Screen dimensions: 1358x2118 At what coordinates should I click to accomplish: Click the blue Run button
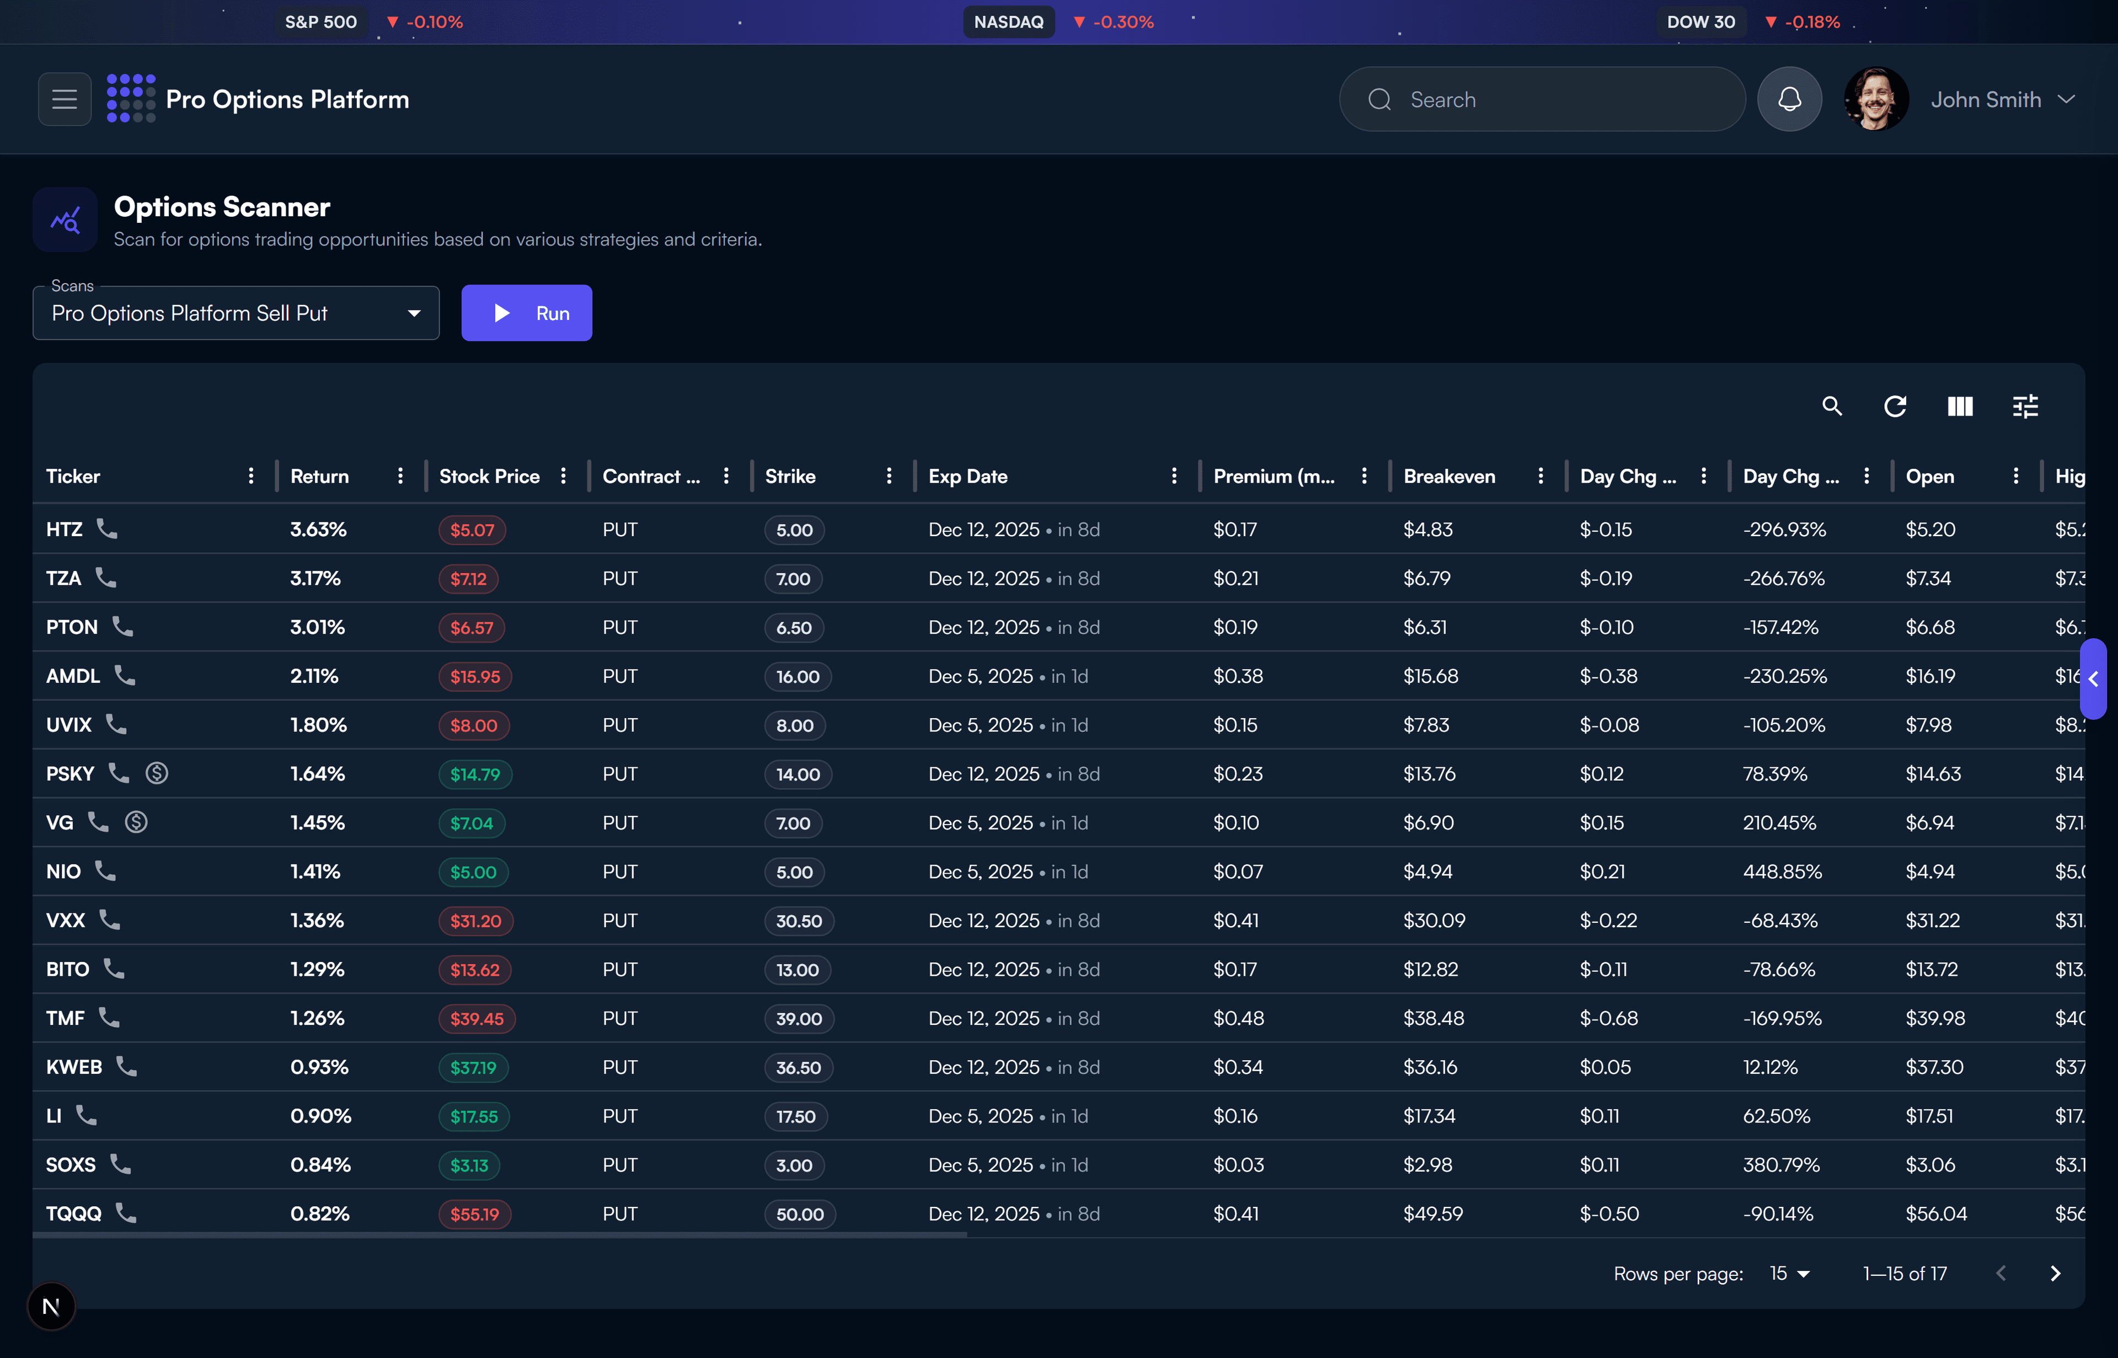pos(526,313)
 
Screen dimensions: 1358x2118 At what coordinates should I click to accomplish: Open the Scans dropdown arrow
pos(414,314)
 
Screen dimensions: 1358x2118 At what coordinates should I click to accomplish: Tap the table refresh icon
pos(1895,407)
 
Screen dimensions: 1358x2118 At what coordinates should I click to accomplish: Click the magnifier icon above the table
pos(1831,407)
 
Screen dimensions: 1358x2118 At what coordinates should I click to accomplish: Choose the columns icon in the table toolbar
pos(1959,407)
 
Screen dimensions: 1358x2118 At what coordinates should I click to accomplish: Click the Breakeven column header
pos(1449,476)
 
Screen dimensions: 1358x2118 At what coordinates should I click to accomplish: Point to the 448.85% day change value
pos(1782,872)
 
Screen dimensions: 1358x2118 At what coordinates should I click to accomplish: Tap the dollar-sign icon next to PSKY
pos(157,773)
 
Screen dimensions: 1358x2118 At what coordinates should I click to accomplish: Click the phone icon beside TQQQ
pos(126,1213)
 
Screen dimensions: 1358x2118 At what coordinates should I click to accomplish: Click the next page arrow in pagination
pos(2055,1274)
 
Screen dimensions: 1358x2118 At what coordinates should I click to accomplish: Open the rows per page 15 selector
pos(1789,1274)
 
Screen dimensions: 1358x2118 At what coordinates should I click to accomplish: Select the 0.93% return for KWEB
pos(319,1067)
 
